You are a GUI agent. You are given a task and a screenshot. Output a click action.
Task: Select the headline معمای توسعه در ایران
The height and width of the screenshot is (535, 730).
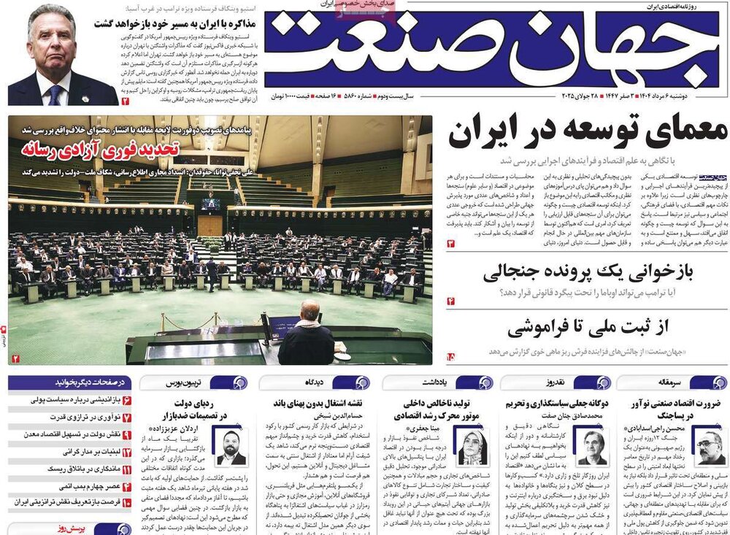coord(588,133)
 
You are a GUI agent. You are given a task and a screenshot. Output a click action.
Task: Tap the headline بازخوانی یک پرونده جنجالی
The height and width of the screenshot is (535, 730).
coord(588,273)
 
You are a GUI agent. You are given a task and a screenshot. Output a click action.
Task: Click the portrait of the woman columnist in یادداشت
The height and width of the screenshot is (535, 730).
coord(472,444)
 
